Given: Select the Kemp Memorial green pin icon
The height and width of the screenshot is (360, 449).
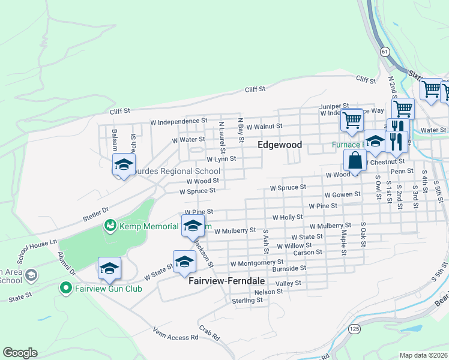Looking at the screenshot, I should (110, 226).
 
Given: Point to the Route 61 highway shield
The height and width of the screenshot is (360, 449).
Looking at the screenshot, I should (384, 52).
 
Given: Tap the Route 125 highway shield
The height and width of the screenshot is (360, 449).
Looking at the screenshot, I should (354, 329).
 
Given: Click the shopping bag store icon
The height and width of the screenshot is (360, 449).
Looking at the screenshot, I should (355, 160).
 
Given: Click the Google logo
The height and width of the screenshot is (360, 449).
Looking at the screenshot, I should (20, 353).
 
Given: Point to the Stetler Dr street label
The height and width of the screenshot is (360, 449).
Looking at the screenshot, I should (96, 211).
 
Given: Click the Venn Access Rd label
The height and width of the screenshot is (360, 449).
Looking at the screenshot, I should (175, 333).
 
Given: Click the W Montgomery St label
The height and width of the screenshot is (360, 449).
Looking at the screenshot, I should (256, 263).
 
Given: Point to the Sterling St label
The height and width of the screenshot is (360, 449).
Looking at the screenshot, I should (247, 300).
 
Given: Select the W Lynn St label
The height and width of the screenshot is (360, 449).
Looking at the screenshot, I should (221, 160).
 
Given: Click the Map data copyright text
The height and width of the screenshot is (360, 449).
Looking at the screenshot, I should (424, 355).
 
